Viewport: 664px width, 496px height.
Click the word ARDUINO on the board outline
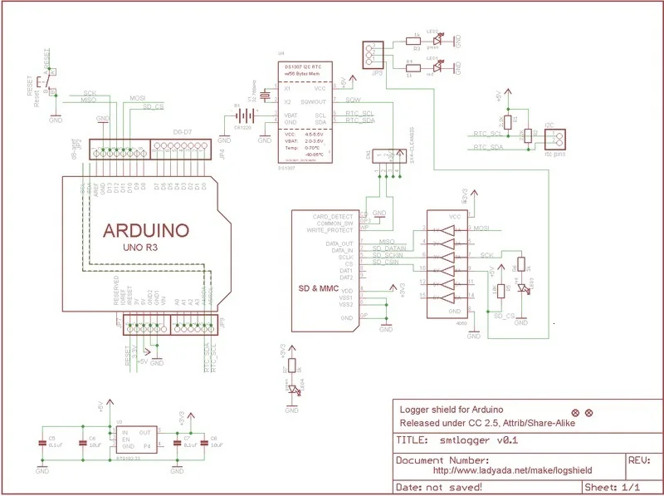(145, 229)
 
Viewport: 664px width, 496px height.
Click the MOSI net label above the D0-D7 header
(138, 98)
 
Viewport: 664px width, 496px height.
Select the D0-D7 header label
(183, 133)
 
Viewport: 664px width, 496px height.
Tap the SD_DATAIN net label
(388, 248)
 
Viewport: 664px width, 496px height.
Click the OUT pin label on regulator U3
(145, 432)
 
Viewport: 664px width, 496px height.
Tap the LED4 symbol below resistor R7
(291, 389)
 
